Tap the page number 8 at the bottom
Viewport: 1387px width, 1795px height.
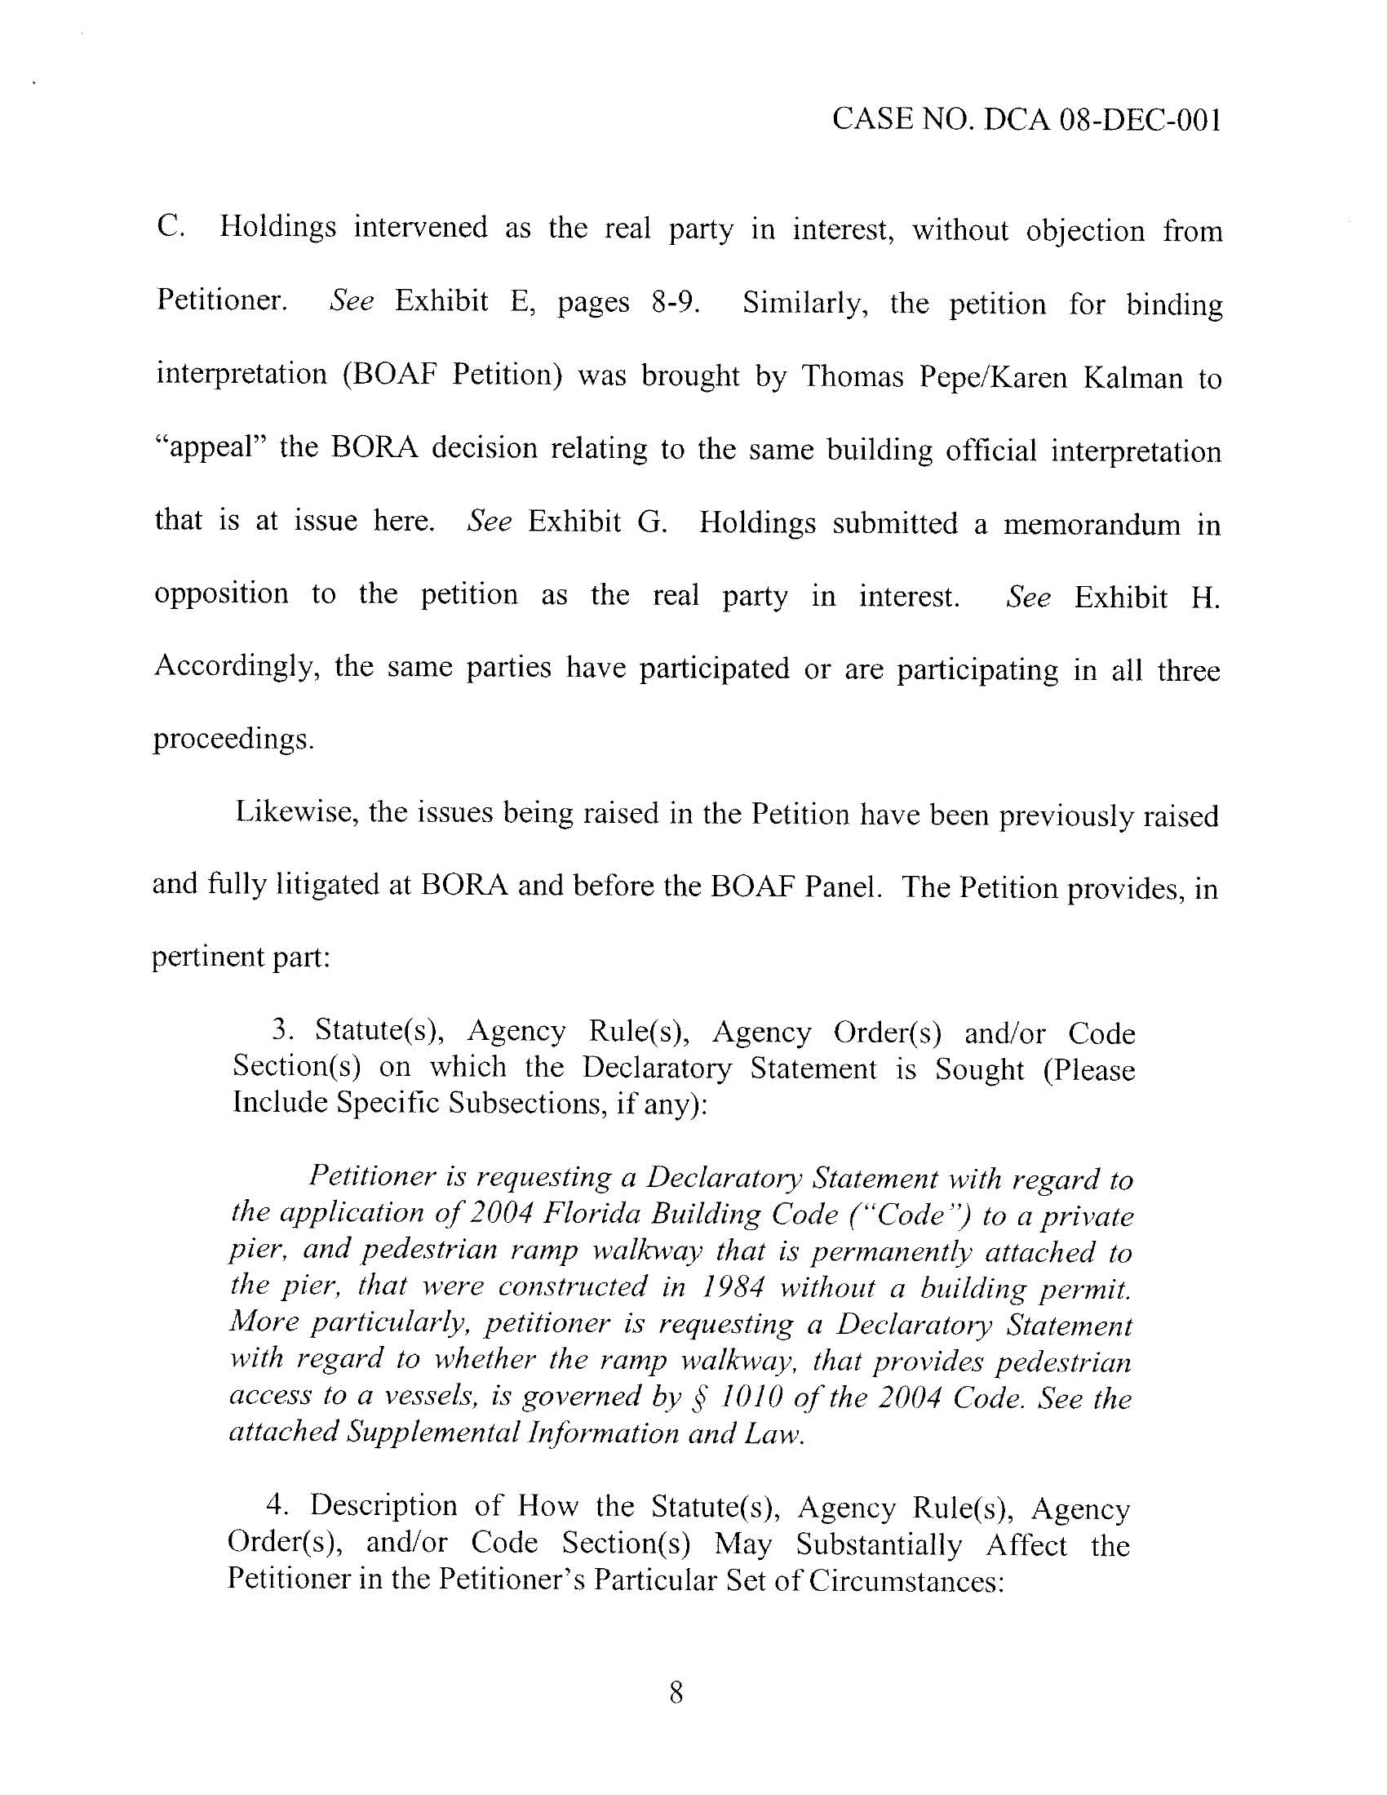pos(676,1692)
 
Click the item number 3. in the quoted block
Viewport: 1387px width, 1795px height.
pos(281,1031)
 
